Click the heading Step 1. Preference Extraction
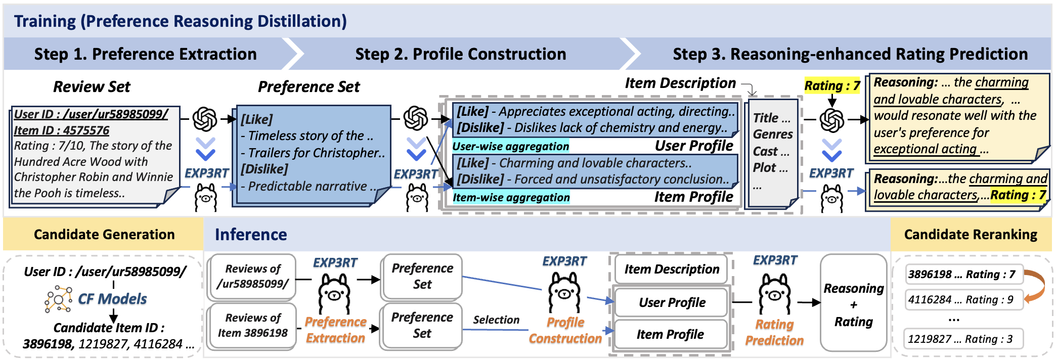pyautogui.click(x=145, y=54)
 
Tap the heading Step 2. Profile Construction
pyautogui.click(x=461, y=54)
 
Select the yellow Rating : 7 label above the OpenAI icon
pyautogui.click(x=832, y=85)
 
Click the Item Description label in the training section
pyautogui.click(x=680, y=83)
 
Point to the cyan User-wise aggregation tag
pyautogui.click(x=511, y=147)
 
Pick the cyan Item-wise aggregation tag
pyautogui.click(x=511, y=197)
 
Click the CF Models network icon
pyautogui.click(x=58, y=299)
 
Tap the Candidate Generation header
pyautogui.click(x=104, y=235)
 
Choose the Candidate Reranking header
pyautogui.click(x=971, y=235)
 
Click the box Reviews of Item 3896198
pyautogui.click(x=252, y=325)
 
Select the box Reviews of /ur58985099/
pyautogui.click(x=252, y=276)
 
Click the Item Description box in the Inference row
pyautogui.click(x=672, y=269)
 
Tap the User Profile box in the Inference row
pyautogui.click(x=672, y=302)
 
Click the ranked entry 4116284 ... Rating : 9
pyautogui.click(x=960, y=300)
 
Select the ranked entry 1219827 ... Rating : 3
pyautogui.click(x=960, y=339)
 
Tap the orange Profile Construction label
pyautogui.click(x=565, y=330)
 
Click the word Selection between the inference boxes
pyautogui.click(x=496, y=320)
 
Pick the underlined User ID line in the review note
pyautogui.click(x=91, y=114)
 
